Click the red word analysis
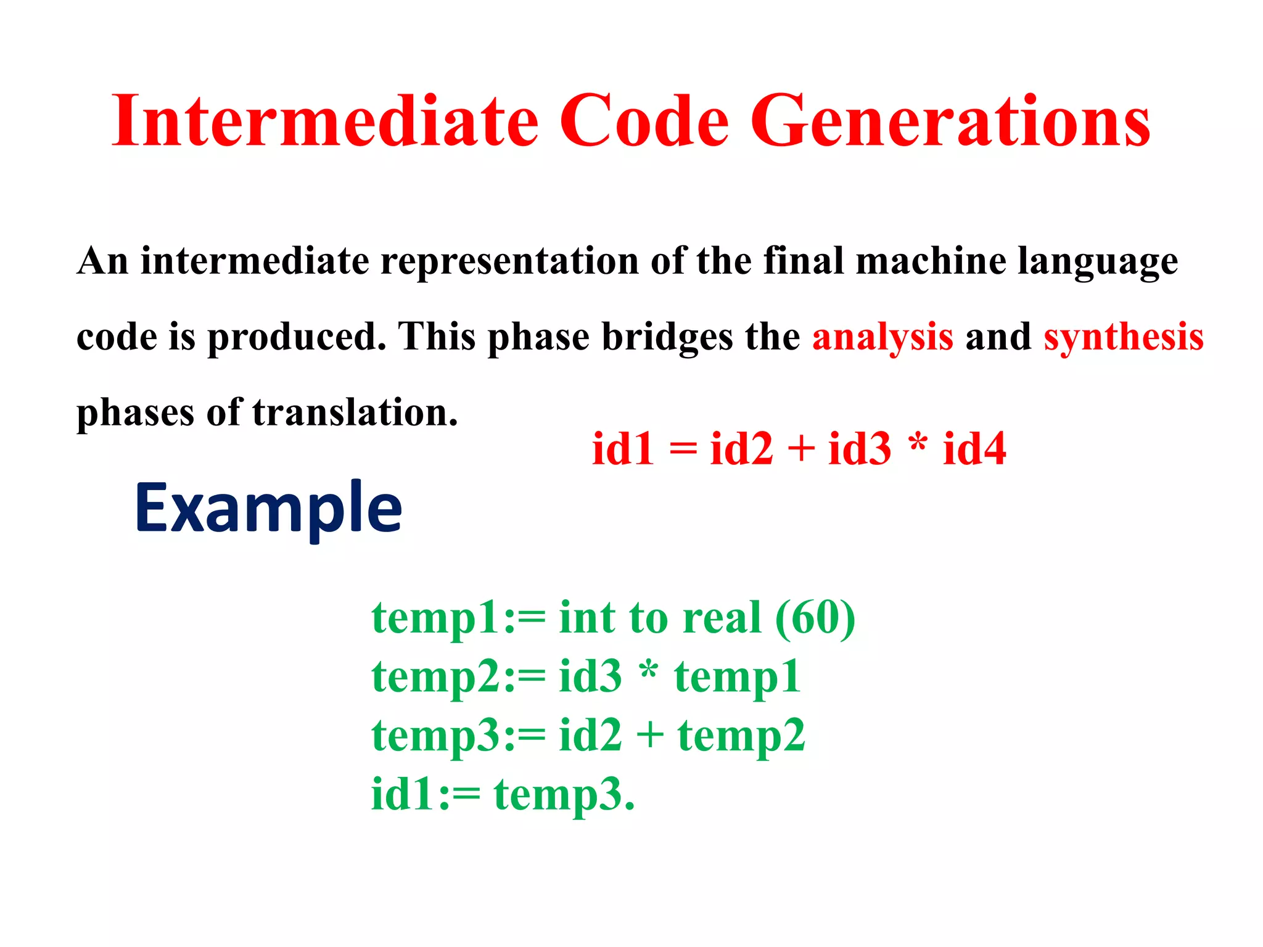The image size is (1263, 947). tap(882, 338)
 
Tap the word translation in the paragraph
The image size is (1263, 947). tap(355, 412)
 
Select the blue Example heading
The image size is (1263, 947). tap(268, 509)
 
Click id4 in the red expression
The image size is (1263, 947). tap(974, 448)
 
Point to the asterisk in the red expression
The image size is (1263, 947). tap(918, 443)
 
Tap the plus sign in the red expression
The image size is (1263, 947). tap(800, 448)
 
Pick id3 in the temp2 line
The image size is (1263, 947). tap(590, 676)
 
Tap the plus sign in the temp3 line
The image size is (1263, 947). tap(649, 736)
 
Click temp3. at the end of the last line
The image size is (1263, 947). tap(564, 795)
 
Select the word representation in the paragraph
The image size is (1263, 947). tap(509, 261)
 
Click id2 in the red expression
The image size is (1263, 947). tap(741, 448)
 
